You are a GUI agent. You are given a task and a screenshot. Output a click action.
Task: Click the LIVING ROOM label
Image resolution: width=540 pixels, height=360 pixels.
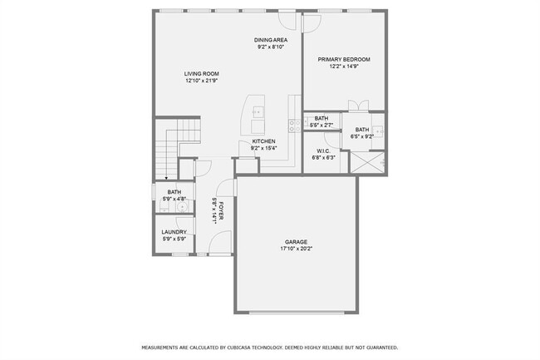pyautogui.click(x=201, y=74)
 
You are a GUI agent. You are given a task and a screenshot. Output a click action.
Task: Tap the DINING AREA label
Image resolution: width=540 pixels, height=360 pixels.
pyautogui.click(x=271, y=40)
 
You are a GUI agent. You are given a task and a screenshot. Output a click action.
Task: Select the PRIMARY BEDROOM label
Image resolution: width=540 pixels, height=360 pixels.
pyautogui.click(x=344, y=60)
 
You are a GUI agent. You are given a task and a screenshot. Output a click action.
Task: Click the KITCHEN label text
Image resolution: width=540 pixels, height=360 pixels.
pyautogui.click(x=263, y=141)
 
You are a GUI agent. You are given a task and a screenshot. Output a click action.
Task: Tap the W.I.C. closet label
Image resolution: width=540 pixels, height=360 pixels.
pyautogui.click(x=323, y=150)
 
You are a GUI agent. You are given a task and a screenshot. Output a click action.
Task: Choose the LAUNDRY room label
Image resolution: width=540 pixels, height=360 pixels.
pyautogui.click(x=174, y=232)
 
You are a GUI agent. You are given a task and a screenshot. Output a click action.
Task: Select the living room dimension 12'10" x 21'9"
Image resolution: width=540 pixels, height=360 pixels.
pyautogui.click(x=201, y=81)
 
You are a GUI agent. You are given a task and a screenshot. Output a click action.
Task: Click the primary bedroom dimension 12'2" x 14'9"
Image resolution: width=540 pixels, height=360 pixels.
pyautogui.click(x=344, y=67)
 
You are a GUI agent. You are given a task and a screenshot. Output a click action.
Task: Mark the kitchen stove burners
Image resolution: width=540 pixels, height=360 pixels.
pyautogui.click(x=293, y=126)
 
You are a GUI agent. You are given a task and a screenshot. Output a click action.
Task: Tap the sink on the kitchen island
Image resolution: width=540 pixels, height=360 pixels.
pyautogui.click(x=258, y=110)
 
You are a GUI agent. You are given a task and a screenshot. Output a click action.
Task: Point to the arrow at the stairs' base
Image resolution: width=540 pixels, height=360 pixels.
pyautogui.click(x=166, y=176)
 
